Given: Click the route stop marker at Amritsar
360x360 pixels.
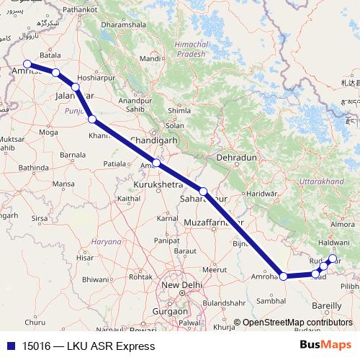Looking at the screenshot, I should coord(27,64).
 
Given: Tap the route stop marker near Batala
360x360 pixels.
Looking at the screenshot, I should coord(55,72).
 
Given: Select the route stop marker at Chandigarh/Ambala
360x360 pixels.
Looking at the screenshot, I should coord(156,163).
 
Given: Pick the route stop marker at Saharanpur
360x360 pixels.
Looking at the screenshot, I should coord(204,192).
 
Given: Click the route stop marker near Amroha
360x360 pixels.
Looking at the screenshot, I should coord(284,276).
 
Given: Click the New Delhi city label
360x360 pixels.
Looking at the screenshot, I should coord(181,286).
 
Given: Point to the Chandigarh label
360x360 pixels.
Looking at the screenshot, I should coord(153,140).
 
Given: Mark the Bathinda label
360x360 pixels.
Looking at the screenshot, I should coord(35,167).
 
